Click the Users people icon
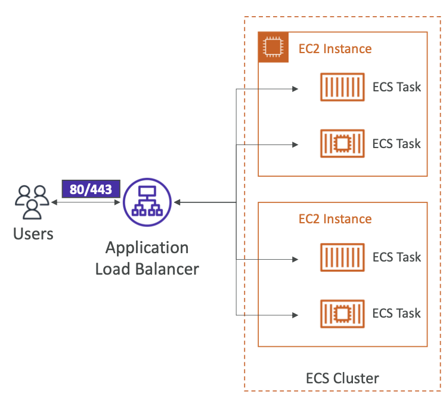click(32, 202)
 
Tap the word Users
click(33, 234)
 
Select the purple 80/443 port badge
click(91, 189)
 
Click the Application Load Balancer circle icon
click(147, 202)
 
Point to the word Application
click(147, 248)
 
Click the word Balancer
click(167, 269)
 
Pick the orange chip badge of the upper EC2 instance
click(273, 47)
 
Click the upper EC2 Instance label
click(335, 49)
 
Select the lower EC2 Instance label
click(335, 219)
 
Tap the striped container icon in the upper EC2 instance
click(342, 87)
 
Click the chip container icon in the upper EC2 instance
click(342, 144)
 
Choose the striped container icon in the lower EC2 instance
click(342, 257)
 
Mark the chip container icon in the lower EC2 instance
click(342, 313)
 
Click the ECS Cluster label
click(342, 379)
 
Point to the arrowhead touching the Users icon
click(54, 202)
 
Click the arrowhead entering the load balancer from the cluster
click(177, 202)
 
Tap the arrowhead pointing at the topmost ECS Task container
click(295, 89)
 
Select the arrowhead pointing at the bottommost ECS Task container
click(295, 315)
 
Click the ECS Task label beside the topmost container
click(397, 87)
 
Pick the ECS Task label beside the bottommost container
click(397, 313)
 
